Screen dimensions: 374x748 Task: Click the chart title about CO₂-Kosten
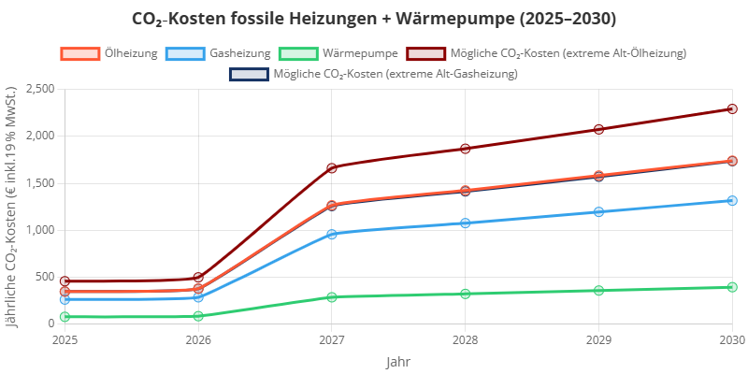(x=374, y=19)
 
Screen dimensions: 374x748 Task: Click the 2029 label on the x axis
(x=598, y=340)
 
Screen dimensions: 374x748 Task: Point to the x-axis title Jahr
(x=397, y=361)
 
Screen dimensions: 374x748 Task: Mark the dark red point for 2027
(x=332, y=167)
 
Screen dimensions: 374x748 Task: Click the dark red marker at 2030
(x=732, y=109)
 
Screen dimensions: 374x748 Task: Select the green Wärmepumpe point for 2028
(x=466, y=294)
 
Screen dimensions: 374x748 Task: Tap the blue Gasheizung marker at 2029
(x=598, y=212)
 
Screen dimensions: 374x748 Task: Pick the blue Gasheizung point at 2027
(x=332, y=234)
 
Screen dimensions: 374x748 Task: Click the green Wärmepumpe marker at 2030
(x=732, y=287)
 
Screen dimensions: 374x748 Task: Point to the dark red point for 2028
(x=466, y=149)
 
